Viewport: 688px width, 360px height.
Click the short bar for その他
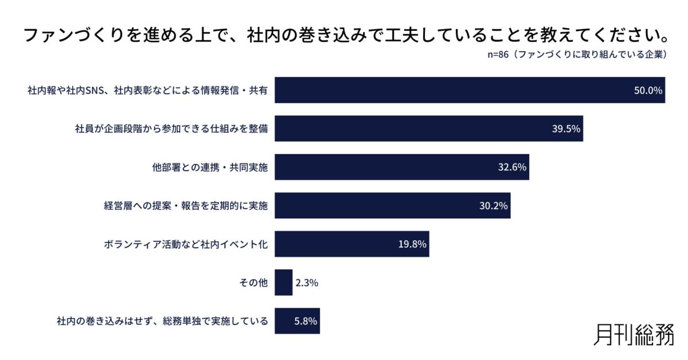coord(283,283)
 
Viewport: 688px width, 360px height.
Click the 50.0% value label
coord(648,90)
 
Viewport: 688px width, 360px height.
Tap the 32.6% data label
coord(512,167)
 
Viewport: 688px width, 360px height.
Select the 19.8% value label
coord(412,244)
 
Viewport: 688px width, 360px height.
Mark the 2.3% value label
coord(307,283)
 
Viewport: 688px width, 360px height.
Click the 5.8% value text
coord(306,321)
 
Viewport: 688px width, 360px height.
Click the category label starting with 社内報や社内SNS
coord(147,90)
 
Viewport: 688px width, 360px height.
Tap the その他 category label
coord(253,283)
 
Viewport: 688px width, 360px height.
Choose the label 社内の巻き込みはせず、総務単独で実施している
coord(162,321)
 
